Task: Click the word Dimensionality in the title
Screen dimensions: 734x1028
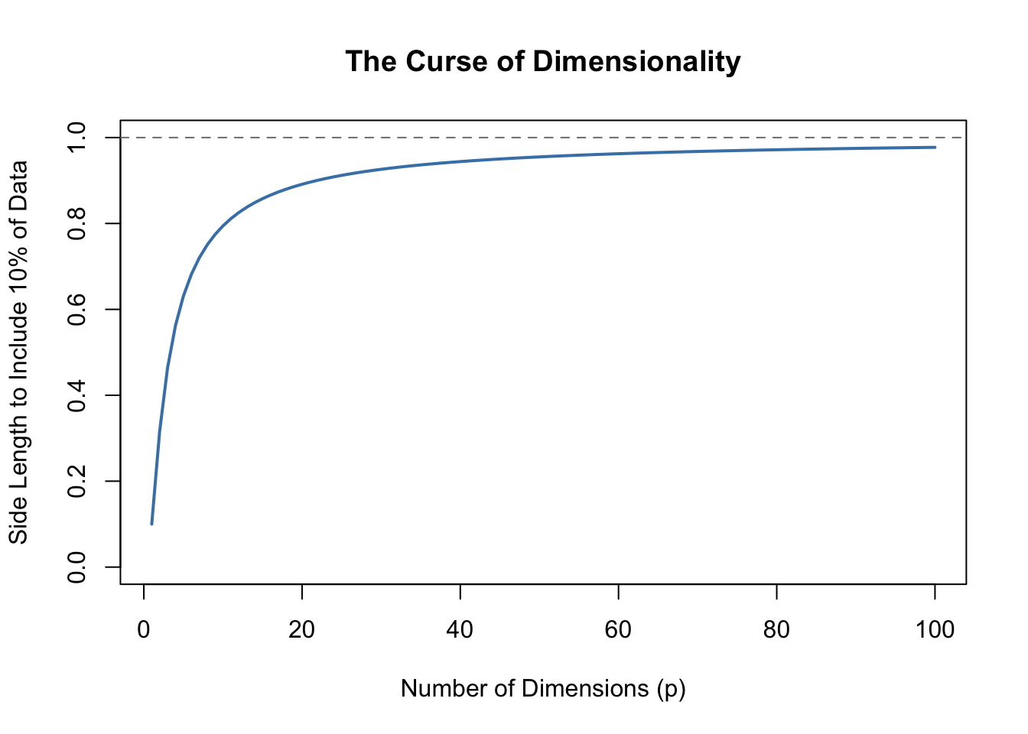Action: coord(636,61)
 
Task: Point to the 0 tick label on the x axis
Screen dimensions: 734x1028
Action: coord(144,630)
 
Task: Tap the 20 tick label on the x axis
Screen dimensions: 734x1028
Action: coord(302,630)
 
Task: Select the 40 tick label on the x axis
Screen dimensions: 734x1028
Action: coord(460,630)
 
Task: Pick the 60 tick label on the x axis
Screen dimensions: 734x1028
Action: coord(618,630)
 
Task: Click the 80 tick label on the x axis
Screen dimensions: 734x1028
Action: coord(776,630)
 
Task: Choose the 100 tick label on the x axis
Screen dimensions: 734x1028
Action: coord(935,630)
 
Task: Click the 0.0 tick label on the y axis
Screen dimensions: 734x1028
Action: coord(77,567)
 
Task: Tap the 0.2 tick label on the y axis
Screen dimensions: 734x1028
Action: coord(77,481)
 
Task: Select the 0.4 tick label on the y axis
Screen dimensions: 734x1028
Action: coord(77,395)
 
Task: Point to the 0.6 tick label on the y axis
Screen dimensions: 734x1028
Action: coord(77,309)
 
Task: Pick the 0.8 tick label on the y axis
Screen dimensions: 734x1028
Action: coord(77,223)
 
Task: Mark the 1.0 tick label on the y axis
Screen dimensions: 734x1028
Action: coord(77,138)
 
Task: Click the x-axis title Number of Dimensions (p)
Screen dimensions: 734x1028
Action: coord(543,689)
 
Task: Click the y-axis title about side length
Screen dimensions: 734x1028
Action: coord(18,352)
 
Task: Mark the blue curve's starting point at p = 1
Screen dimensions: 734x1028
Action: coord(151,524)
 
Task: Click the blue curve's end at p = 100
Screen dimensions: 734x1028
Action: coord(935,147)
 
